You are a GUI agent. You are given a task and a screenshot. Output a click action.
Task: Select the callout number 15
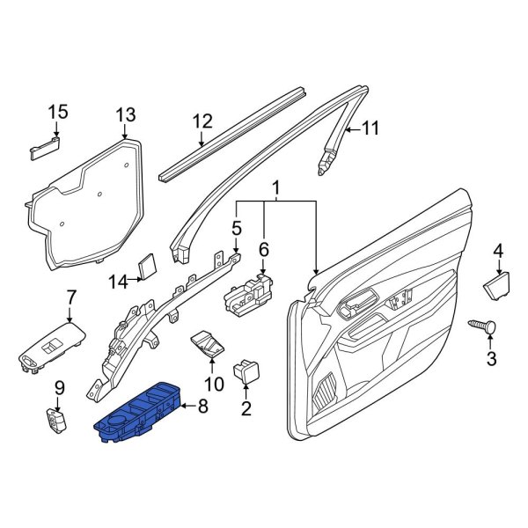[x=57, y=112]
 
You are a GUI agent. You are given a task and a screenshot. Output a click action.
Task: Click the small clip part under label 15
[x=45, y=147]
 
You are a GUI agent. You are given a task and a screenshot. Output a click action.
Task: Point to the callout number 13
[x=127, y=114]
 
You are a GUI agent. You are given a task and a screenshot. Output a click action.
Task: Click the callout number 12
[x=202, y=121]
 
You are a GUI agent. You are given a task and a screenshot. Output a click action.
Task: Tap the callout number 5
[x=236, y=229]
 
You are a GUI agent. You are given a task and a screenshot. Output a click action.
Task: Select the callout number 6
[x=263, y=251]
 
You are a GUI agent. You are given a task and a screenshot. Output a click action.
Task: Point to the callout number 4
[x=498, y=251]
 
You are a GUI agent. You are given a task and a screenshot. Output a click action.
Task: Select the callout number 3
[x=492, y=358]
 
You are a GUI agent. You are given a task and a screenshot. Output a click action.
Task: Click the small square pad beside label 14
[x=148, y=265]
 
